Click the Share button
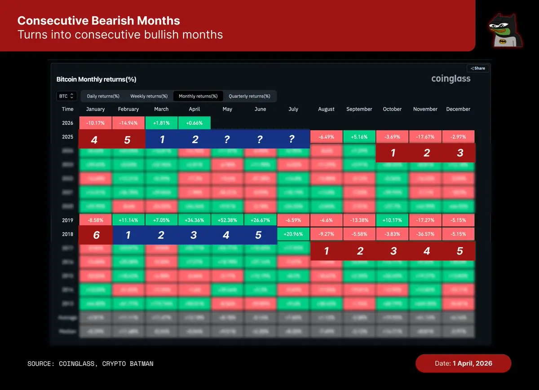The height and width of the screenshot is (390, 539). (478, 68)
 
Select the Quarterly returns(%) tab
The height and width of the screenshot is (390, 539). (249, 96)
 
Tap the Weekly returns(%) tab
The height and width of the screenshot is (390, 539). (149, 96)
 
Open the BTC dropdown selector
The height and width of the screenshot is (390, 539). (67, 96)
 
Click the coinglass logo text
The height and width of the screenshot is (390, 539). (451, 79)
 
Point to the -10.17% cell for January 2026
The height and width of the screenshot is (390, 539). (95, 123)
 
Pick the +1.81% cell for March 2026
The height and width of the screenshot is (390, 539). (161, 123)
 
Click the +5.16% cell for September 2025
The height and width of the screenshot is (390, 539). (359, 136)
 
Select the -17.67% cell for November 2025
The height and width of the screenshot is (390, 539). (425, 136)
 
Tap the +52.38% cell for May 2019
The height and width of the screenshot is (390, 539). (227, 220)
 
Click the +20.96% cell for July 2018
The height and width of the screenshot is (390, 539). (293, 234)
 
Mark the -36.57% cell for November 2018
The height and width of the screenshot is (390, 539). (425, 234)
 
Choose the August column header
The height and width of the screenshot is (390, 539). (326, 109)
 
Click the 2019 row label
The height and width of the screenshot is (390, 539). (68, 220)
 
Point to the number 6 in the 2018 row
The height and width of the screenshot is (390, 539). (95, 236)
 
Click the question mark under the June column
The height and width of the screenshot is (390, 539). (260, 140)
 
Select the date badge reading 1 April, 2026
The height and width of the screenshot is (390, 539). (463, 363)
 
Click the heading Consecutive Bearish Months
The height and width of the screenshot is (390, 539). (98, 21)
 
